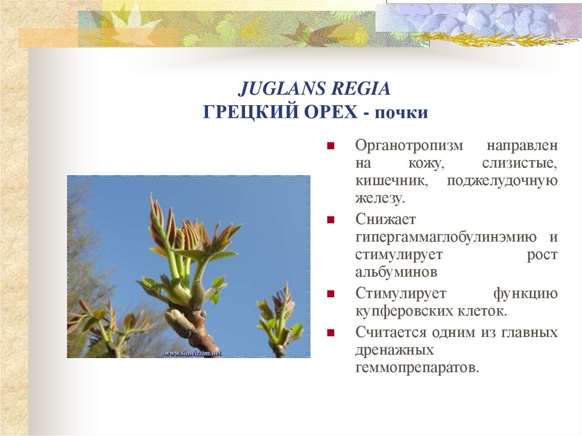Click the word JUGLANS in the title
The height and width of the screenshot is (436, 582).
click(x=273, y=89)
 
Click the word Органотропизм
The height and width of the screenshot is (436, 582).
click(x=409, y=145)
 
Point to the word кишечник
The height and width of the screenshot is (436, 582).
click(x=393, y=181)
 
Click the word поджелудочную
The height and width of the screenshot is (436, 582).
click(x=502, y=181)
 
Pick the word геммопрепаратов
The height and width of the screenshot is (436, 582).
click(x=417, y=367)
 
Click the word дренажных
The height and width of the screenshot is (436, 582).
click(x=395, y=349)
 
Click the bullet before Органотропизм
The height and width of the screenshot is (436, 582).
click(x=330, y=146)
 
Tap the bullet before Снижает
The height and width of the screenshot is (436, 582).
click(x=330, y=219)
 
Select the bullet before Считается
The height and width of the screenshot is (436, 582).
click(x=330, y=332)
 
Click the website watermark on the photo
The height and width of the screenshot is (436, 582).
click(x=193, y=353)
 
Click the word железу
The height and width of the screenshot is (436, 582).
click(x=380, y=199)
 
